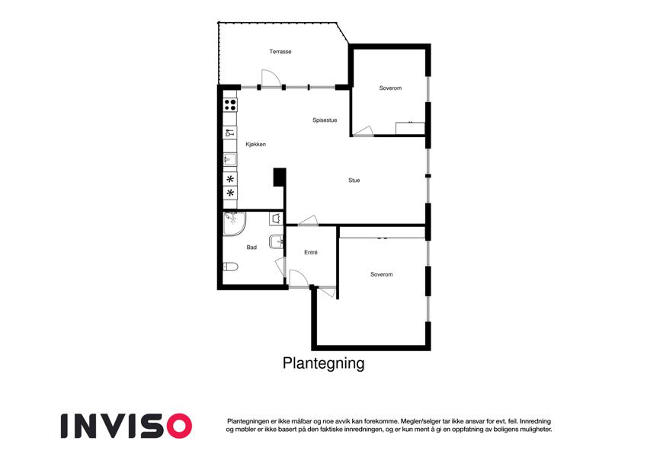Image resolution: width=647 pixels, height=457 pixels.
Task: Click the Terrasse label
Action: pos(280,52)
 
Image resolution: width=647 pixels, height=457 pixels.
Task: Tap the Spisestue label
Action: pos(325,120)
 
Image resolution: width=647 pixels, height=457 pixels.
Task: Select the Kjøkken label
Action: pos(256,145)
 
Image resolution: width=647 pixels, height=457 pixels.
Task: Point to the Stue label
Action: pos(354,181)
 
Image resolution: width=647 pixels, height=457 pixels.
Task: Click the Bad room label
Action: pos(251,248)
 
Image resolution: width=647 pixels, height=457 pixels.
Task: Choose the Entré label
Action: pos(311,252)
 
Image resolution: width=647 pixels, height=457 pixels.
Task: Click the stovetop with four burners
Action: pos(230,105)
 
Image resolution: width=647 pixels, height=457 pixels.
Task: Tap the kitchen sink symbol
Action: pos(230,159)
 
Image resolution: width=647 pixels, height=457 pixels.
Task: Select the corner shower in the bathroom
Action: pos(235,224)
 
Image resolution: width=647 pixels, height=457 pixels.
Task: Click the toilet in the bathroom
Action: pos(230,267)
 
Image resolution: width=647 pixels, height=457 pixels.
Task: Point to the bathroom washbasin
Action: pos(276,241)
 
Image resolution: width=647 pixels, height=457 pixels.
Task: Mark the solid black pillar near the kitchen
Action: pos(280,177)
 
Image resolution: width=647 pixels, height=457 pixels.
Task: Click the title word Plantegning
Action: pos(323,363)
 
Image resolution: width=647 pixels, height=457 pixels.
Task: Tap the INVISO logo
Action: pos(127,426)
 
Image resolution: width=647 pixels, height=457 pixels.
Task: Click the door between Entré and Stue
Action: pos(308,221)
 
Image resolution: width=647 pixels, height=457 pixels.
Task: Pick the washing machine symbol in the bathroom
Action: pos(276,219)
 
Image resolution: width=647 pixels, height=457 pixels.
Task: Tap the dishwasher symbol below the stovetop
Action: pos(230,133)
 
